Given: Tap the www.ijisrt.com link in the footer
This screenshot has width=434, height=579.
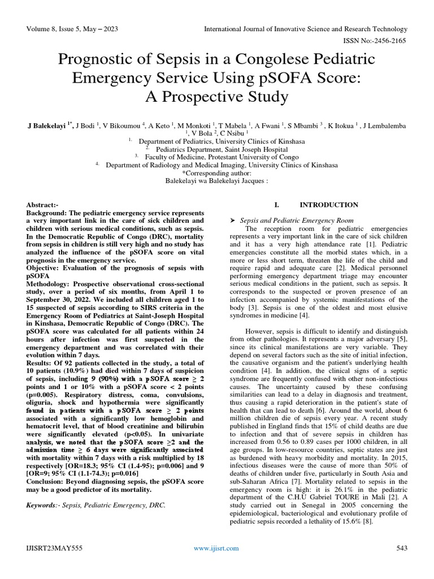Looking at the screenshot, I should tap(216, 548).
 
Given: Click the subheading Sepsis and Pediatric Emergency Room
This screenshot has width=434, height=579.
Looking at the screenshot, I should tap(297, 219).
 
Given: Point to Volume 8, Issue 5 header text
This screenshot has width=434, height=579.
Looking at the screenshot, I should tap(59, 28).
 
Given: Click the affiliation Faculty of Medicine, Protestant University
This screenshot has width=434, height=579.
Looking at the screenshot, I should tap(221, 157).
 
